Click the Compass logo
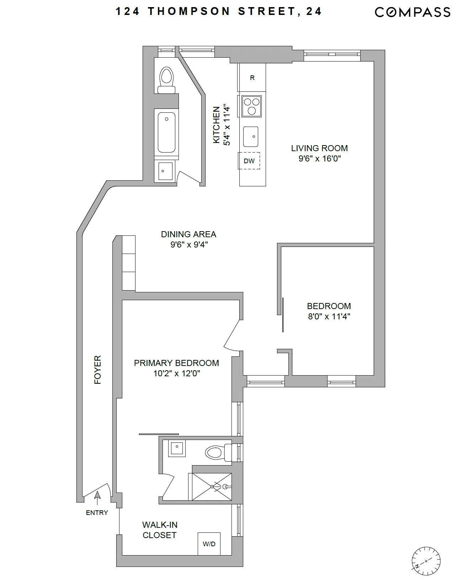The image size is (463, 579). (x=413, y=12)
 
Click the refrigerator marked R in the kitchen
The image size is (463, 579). (x=252, y=78)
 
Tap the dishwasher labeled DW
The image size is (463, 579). (x=249, y=161)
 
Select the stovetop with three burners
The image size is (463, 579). (x=251, y=106)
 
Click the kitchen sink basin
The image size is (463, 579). (x=251, y=136)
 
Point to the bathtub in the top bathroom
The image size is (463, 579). (x=166, y=132)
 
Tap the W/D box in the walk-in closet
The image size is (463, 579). (x=209, y=544)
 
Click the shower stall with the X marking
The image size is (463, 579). (x=212, y=487)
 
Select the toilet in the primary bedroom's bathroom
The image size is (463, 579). (x=217, y=453)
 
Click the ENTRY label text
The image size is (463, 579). (x=97, y=512)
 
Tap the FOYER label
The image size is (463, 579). (x=97, y=370)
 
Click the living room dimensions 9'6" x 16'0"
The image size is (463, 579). (x=319, y=158)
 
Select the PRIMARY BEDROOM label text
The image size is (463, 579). (x=176, y=363)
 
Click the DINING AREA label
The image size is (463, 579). (x=188, y=234)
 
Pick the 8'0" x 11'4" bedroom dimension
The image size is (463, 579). (x=329, y=316)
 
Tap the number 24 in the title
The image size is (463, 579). (x=313, y=11)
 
